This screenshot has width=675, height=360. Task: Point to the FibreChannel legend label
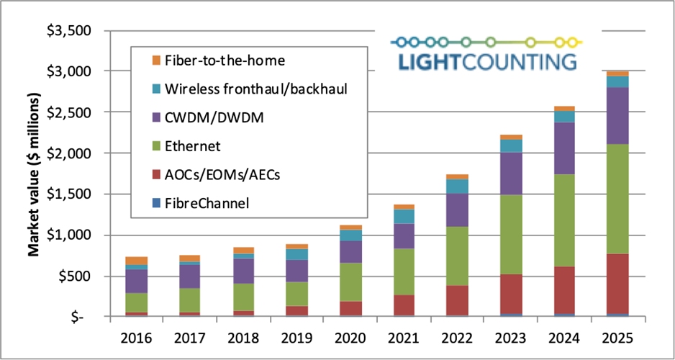pyautogui.click(x=207, y=204)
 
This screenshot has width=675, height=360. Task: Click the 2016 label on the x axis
pyautogui.click(x=136, y=336)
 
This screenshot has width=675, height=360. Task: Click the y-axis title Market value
pyautogui.click(x=34, y=174)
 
